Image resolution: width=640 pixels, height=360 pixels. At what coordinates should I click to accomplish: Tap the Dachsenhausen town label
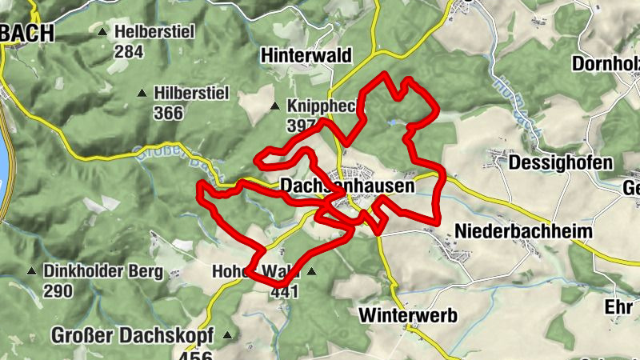tap(348, 186)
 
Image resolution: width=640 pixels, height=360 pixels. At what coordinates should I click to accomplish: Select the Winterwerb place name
tap(408, 314)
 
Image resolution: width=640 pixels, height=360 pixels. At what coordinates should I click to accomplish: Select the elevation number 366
tap(168, 113)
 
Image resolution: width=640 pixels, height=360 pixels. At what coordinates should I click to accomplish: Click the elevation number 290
tap(58, 290)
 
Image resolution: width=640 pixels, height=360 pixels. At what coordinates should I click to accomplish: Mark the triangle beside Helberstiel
tap(102, 32)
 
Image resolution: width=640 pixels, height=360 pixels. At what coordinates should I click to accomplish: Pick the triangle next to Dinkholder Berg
tap(32, 270)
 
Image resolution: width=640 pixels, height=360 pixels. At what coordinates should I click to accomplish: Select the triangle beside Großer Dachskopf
tap(230, 335)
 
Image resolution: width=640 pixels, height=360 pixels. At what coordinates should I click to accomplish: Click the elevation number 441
tap(284, 291)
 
